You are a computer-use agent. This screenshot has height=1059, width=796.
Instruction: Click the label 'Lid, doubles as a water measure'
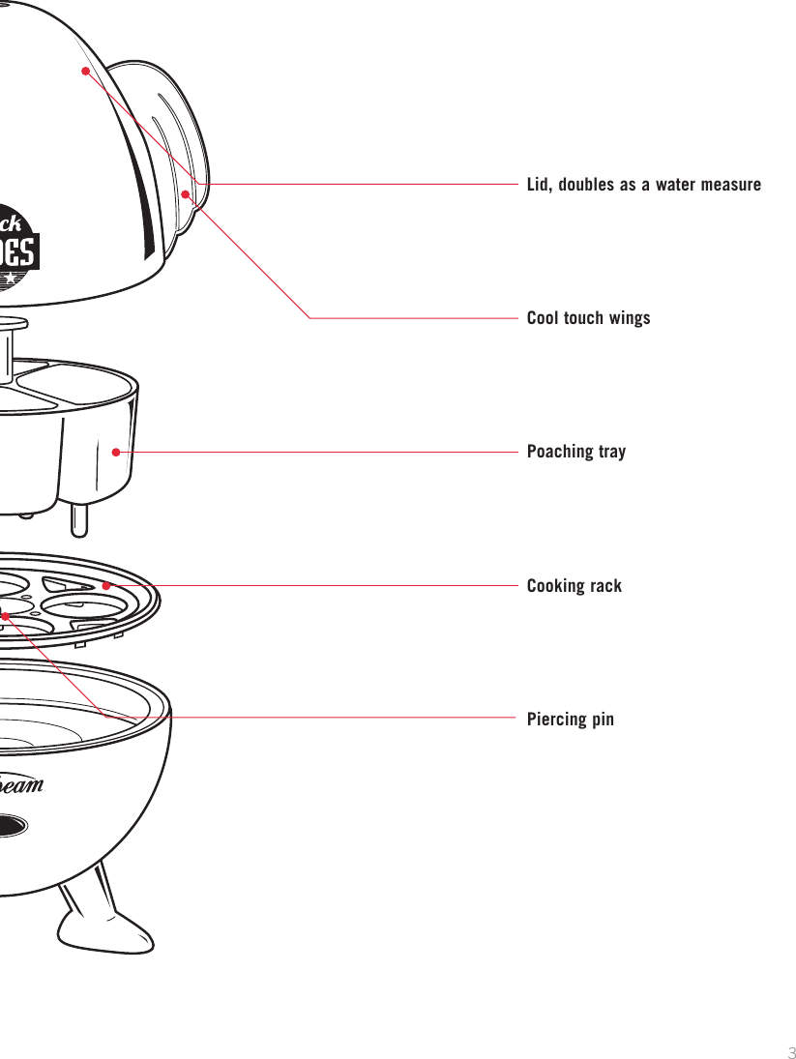pyautogui.click(x=643, y=184)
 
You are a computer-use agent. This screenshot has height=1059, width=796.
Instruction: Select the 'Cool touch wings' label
pyautogui.click(x=588, y=318)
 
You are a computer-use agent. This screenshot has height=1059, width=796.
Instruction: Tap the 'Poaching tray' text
pyautogui.click(x=575, y=452)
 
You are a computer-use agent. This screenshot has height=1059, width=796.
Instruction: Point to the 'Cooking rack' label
pyautogui.click(x=574, y=586)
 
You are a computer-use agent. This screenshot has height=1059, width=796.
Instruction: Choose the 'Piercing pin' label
pyautogui.click(x=570, y=720)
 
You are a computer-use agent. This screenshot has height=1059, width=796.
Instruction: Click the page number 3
pyautogui.click(x=789, y=1052)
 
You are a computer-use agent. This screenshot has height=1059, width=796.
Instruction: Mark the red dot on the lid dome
pyautogui.click(x=85, y=71)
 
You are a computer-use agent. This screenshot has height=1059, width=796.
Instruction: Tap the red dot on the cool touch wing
pyautogui.click(x=185, y=193)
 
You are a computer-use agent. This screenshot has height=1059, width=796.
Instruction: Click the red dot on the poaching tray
pyautogui.click(x=115, y=451)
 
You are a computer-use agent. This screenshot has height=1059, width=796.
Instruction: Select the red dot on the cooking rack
pyautogui.click(x=106, y=585)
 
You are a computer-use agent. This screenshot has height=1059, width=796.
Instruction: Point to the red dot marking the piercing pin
pyautogui.click(x=6, y=615)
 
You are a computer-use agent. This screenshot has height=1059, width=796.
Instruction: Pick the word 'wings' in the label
pyautogui.click(x=629, y=318)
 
